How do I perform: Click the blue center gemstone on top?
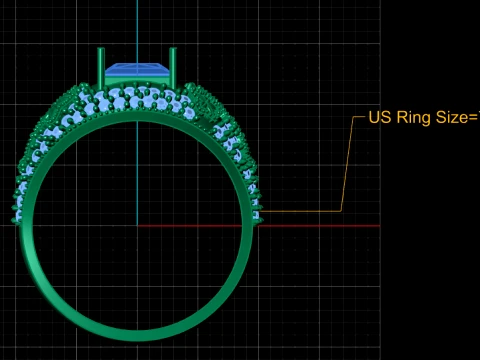(x=137, y=70)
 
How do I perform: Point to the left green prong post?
(x=101, y=67)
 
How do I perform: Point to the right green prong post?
(x=173, y=67)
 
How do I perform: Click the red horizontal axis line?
(x=259, y=226)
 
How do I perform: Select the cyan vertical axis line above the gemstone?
(x=137, y=32)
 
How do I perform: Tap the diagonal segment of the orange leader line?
(x=347, y=164)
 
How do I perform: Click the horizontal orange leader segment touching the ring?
(x=300, y=211)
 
